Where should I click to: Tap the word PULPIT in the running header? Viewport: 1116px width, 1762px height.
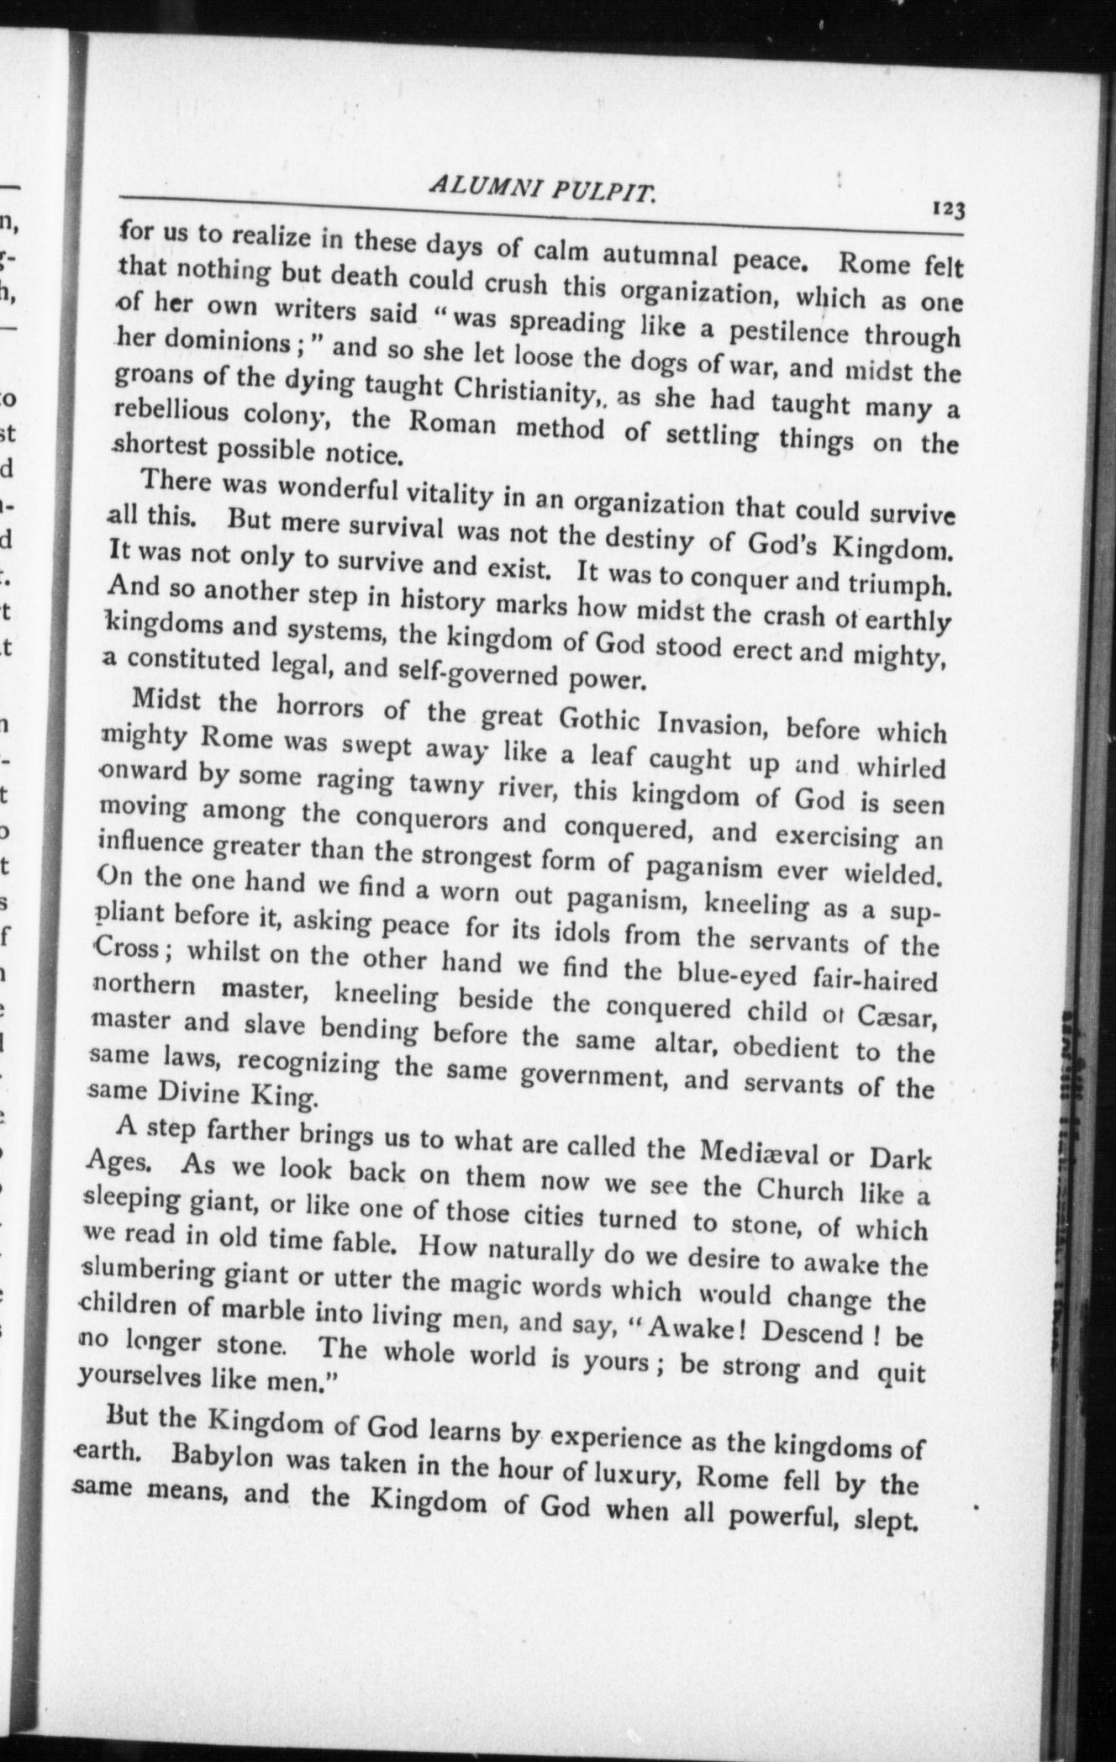tap(602, 194)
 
